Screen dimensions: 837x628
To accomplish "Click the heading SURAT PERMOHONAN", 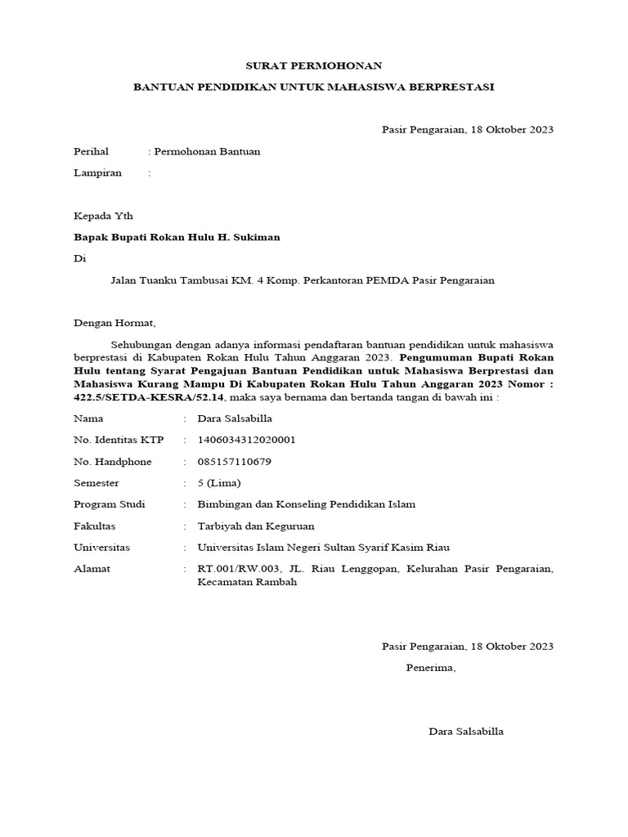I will pos(314,65).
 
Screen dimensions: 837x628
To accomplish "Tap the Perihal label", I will pos(91,151).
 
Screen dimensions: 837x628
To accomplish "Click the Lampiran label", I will pos(97,172).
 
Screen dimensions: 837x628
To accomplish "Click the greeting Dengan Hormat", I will pos(114,323).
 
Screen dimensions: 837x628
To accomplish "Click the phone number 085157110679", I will pos(234,461).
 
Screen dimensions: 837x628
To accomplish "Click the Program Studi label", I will pos(109,504).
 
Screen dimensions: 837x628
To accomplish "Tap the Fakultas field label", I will pos(95,526).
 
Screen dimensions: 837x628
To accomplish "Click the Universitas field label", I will pos(101,547).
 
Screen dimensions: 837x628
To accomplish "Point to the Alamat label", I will pos(92,568).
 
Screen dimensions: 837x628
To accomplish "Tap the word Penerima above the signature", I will pos(431,668).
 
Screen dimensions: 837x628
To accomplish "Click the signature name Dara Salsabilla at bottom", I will pos(466,731).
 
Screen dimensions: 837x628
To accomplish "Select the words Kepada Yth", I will pos(103,216).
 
